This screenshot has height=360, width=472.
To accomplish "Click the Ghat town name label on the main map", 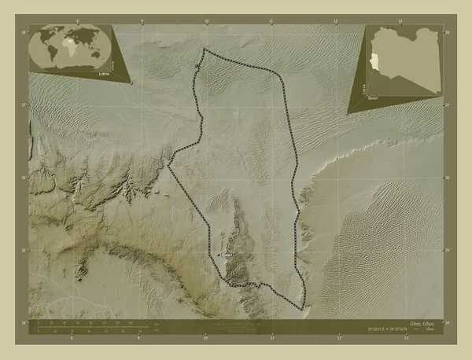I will [227, 255].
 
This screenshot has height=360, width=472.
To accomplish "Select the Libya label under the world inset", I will [105, 72].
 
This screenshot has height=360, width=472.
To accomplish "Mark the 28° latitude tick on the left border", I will [24, 32].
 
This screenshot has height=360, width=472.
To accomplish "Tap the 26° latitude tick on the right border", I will [447, 178].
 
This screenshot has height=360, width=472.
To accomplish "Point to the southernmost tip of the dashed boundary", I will [300, 307].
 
